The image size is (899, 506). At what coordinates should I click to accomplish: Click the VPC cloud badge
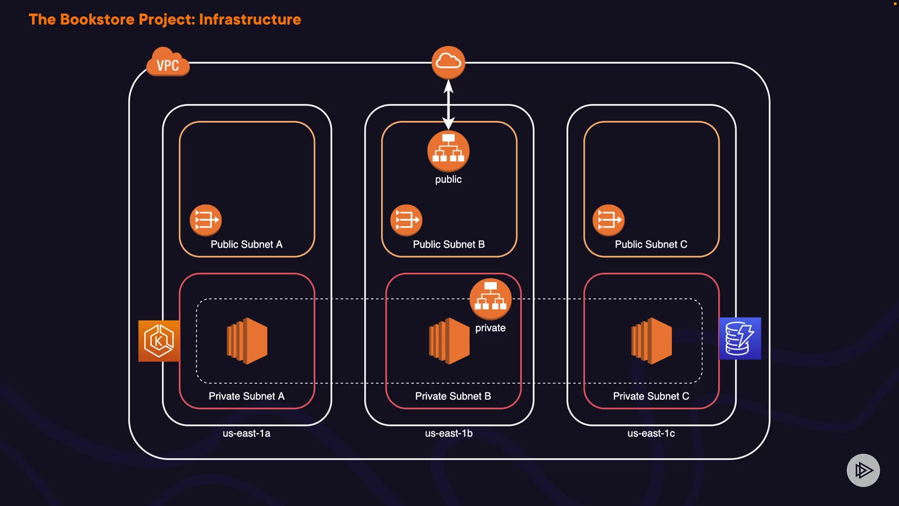(x=168, y=63)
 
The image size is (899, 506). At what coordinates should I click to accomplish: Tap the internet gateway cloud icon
(x=448, y=62)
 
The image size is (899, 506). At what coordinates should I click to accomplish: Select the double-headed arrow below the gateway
(x=449, y=104)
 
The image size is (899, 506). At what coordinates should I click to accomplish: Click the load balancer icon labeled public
(x=448, y=151)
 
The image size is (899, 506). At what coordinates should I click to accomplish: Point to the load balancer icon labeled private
(x=490, y=299)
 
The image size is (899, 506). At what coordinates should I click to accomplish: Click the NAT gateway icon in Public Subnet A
(x=206, y=220)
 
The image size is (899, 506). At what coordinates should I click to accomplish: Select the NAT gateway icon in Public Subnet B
(x=406, y=220)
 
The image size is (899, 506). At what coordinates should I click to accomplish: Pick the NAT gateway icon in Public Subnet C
(x=608, y=220)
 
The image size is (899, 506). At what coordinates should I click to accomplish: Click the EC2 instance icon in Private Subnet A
(x=247, y=341)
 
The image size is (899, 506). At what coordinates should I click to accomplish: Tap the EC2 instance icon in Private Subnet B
(x=449, y=341)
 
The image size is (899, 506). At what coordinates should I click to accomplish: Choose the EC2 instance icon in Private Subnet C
(x=651, y=341)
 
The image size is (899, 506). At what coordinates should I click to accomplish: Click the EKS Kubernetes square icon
(x=159, y=341)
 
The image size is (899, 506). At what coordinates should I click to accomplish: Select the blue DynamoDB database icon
(x=740, y=338)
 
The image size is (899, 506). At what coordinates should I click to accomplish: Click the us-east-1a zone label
(x=246, y=433)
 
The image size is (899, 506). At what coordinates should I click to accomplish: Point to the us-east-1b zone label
(x=449, y=433)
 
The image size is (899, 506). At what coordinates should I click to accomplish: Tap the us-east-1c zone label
(x=651, y=433)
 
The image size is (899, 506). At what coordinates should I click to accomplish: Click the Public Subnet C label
(x=651, y=245)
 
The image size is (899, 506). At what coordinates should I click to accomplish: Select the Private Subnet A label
(x=246, y=396)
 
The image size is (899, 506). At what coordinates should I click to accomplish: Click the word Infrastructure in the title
(x=250, y=20)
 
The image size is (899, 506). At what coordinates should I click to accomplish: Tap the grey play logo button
(x=863, y=470)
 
